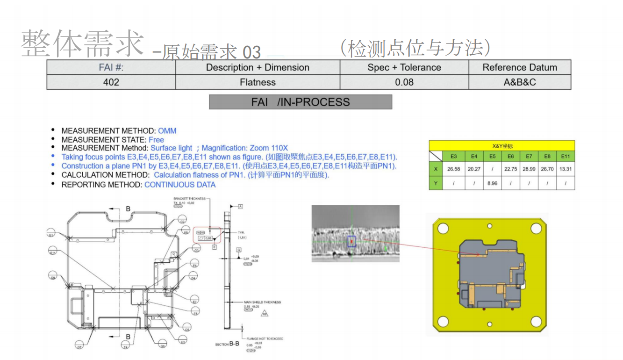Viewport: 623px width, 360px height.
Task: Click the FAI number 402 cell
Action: [111, 82]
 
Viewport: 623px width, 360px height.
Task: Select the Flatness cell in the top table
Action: [258, 82]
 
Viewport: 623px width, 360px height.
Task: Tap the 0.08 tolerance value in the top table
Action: [404, 82]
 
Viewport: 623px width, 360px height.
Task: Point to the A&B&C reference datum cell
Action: [520, 82]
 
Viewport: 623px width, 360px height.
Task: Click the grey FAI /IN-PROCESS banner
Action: [301, 102]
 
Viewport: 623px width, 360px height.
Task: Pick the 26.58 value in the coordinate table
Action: [453, 169]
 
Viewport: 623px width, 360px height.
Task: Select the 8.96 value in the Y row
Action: [493, 183]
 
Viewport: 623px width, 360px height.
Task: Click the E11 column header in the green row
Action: [566, 156]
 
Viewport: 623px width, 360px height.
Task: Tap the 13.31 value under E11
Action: [566, 169]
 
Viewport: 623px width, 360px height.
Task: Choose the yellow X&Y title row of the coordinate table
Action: [502, 146]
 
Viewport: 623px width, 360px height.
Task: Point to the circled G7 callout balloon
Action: [79, 346]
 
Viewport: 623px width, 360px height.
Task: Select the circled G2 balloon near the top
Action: [182, 221]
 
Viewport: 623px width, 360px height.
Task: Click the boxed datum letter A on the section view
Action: [240, 206]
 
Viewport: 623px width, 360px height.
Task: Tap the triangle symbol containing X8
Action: [265, 314]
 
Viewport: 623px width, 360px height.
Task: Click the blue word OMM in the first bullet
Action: [167, 131]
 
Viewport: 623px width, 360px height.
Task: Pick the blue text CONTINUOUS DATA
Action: [180, 185]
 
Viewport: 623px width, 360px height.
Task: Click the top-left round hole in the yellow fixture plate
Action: [443, 228]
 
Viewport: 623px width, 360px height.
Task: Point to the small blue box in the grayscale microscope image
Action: [352, 241]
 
